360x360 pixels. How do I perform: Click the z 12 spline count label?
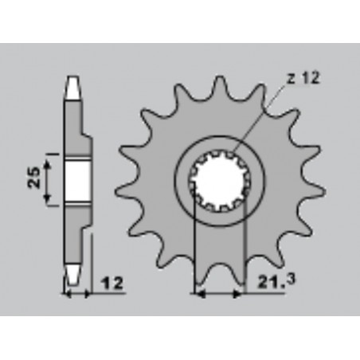click(303, 78)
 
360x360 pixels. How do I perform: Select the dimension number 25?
click(34, 178)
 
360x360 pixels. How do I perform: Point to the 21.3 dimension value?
click(276, 282)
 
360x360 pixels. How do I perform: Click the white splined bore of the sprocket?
click(219, 181)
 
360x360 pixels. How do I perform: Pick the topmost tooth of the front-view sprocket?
click(219, 85)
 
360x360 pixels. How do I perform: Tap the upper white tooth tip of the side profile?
click(72, 88)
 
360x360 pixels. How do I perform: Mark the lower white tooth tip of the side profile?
click(72, 275)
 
